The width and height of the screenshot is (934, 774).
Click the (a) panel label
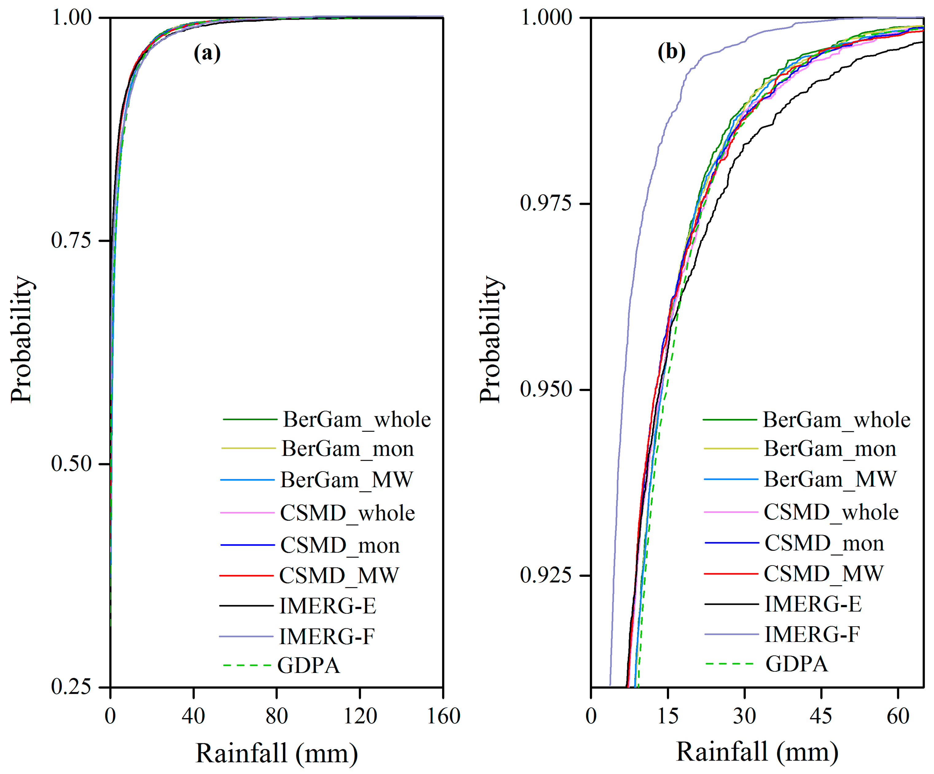(x=207, y=53)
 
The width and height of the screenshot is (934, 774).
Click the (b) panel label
(x=671, y=52)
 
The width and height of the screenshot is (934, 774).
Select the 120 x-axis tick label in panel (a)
(x=360, y=716)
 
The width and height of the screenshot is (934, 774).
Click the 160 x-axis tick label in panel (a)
(x=443, y=716)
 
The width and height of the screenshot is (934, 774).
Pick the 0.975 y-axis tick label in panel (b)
(x=545, y=203)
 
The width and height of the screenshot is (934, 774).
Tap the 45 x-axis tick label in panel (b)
(x=821, y=716)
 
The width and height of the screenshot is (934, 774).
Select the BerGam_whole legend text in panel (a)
(x=357, y=420)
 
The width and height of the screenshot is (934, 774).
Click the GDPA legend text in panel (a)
(x=309, y=666)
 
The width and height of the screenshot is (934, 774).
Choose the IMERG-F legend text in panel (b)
(x=812, y=634)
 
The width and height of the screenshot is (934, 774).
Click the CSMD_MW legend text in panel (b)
(x=823, y=574)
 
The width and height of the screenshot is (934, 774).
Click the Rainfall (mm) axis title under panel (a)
(x=276, y=753)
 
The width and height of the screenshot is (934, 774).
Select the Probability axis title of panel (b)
(x=491, y=339)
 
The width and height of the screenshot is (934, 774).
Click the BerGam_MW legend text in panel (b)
(x=830, y=479)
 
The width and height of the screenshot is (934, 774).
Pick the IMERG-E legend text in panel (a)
(x=327, y=606)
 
